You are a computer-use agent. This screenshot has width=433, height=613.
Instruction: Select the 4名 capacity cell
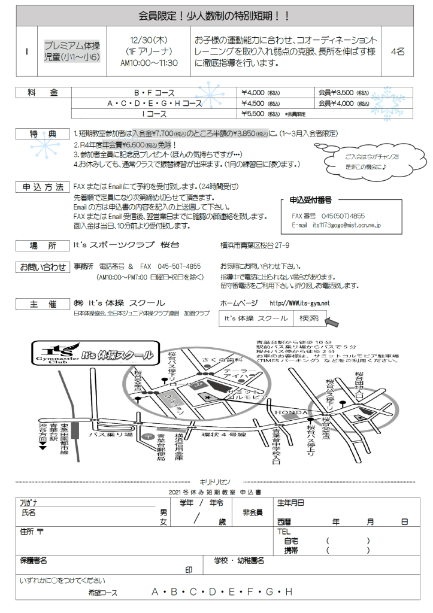click(397, 51)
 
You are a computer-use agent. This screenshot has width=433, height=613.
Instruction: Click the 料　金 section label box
click(44, 93)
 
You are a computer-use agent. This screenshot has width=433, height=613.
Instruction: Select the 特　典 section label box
click(44, 134)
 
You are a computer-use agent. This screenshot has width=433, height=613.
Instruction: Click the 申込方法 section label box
click(44, 187)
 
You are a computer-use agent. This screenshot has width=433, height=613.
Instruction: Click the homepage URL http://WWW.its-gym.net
click(299, 304)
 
